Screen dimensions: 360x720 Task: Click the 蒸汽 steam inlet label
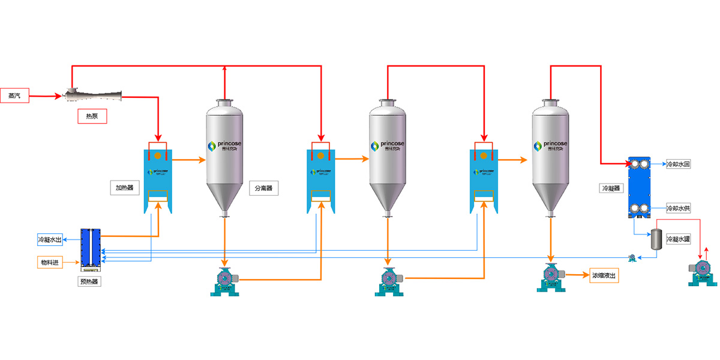[x=14, y=95]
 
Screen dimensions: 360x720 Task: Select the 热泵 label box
[x=92, y=116]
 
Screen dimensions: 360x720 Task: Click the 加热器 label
[x=124, y=187]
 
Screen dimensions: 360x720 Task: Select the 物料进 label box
[x=51, y=262]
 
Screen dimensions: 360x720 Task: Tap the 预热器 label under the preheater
[x=90, y=280]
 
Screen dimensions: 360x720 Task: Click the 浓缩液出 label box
[x=605, y=276]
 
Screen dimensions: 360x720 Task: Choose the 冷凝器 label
[x=611, y=188]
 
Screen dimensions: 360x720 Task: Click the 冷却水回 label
[x=679, y=164]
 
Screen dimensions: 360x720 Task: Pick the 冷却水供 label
[x=679, y=208]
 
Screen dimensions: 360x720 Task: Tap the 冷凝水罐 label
[x=679, y=239]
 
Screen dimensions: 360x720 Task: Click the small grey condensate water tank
[x=656, y=239]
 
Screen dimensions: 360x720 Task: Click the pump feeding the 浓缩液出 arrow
[x=551, y=277]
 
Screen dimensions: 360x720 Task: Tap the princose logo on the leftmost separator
[x=225, y=146]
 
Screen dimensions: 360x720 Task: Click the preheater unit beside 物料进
[x=91, y=247]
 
